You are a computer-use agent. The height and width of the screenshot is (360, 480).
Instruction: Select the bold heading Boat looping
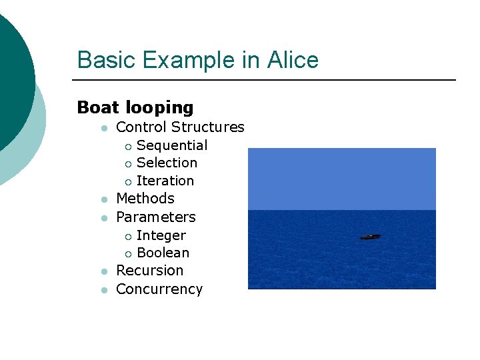135,107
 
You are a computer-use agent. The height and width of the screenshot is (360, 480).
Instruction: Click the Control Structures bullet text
180,127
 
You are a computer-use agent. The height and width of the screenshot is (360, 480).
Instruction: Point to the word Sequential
172,145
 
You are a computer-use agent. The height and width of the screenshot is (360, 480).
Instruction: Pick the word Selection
167,163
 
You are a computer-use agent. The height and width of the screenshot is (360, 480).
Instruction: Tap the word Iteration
165,181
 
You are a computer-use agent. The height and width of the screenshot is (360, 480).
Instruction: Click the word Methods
145,199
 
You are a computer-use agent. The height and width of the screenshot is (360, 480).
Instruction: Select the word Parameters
156,217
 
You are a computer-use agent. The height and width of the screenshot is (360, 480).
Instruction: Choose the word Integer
161,235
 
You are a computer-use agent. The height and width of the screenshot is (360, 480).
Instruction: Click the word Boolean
163,253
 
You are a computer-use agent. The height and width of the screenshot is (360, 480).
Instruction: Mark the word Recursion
149,271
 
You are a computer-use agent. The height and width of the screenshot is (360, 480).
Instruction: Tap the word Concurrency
159,289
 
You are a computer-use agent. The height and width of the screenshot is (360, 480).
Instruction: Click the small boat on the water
371,237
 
